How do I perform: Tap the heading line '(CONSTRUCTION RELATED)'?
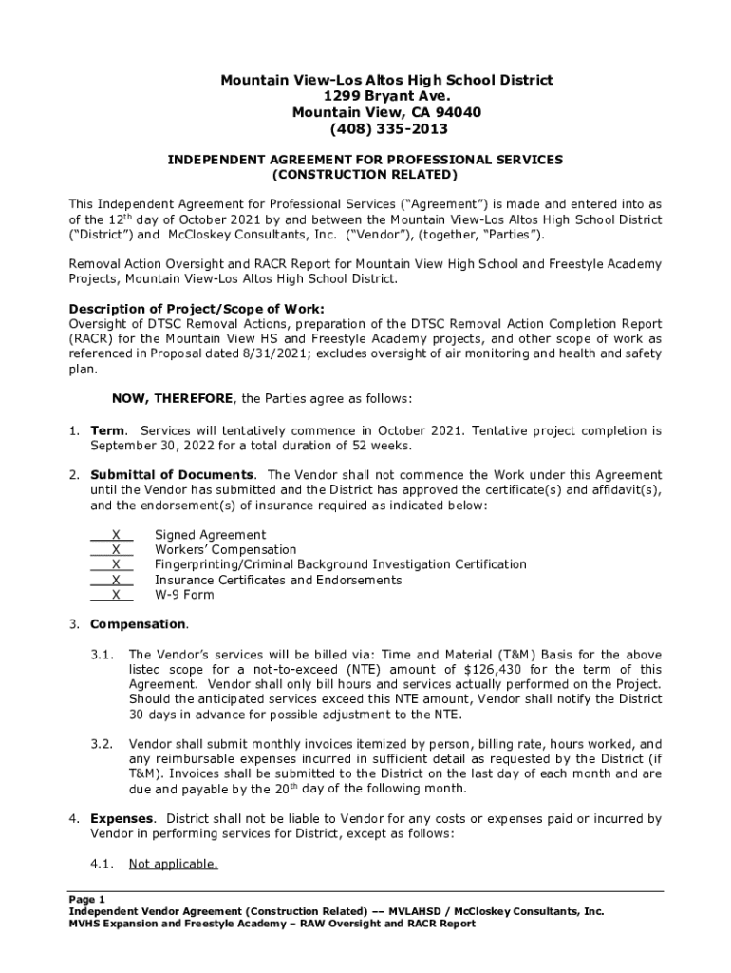click(x=365, y=176)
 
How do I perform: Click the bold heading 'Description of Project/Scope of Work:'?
click(x=197, y=309)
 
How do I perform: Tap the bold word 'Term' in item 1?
click(x=106, y=430)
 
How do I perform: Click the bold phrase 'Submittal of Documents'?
click(x=172, y=475)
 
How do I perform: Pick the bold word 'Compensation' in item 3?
click(x=138, y=624)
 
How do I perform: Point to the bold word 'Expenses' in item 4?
click(x=121, y=818)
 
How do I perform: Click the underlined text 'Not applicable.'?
click(x=174, y=864)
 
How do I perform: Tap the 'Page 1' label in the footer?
click(x=87, y=899)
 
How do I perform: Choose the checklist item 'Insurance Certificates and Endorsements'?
click(x=278, y=580)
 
